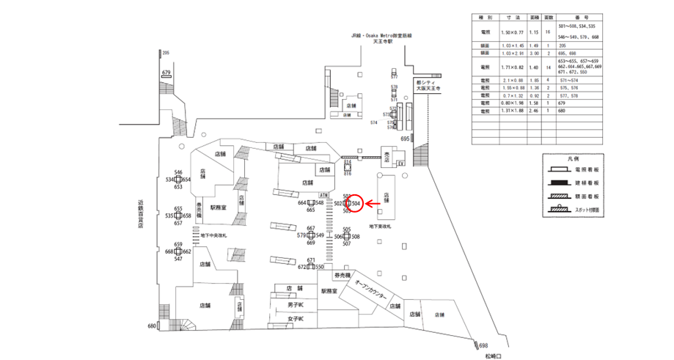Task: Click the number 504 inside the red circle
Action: pyautogui.click(x=355, y=202)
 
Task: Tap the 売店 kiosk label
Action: pyautogui.click(x=385, y=154)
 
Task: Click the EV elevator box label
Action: pyautogui.click(x=400, y=162)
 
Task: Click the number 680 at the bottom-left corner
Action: pyautogui.click(x=153, y=326)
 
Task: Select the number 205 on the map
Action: pyautogui.click(x=166, y=53)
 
